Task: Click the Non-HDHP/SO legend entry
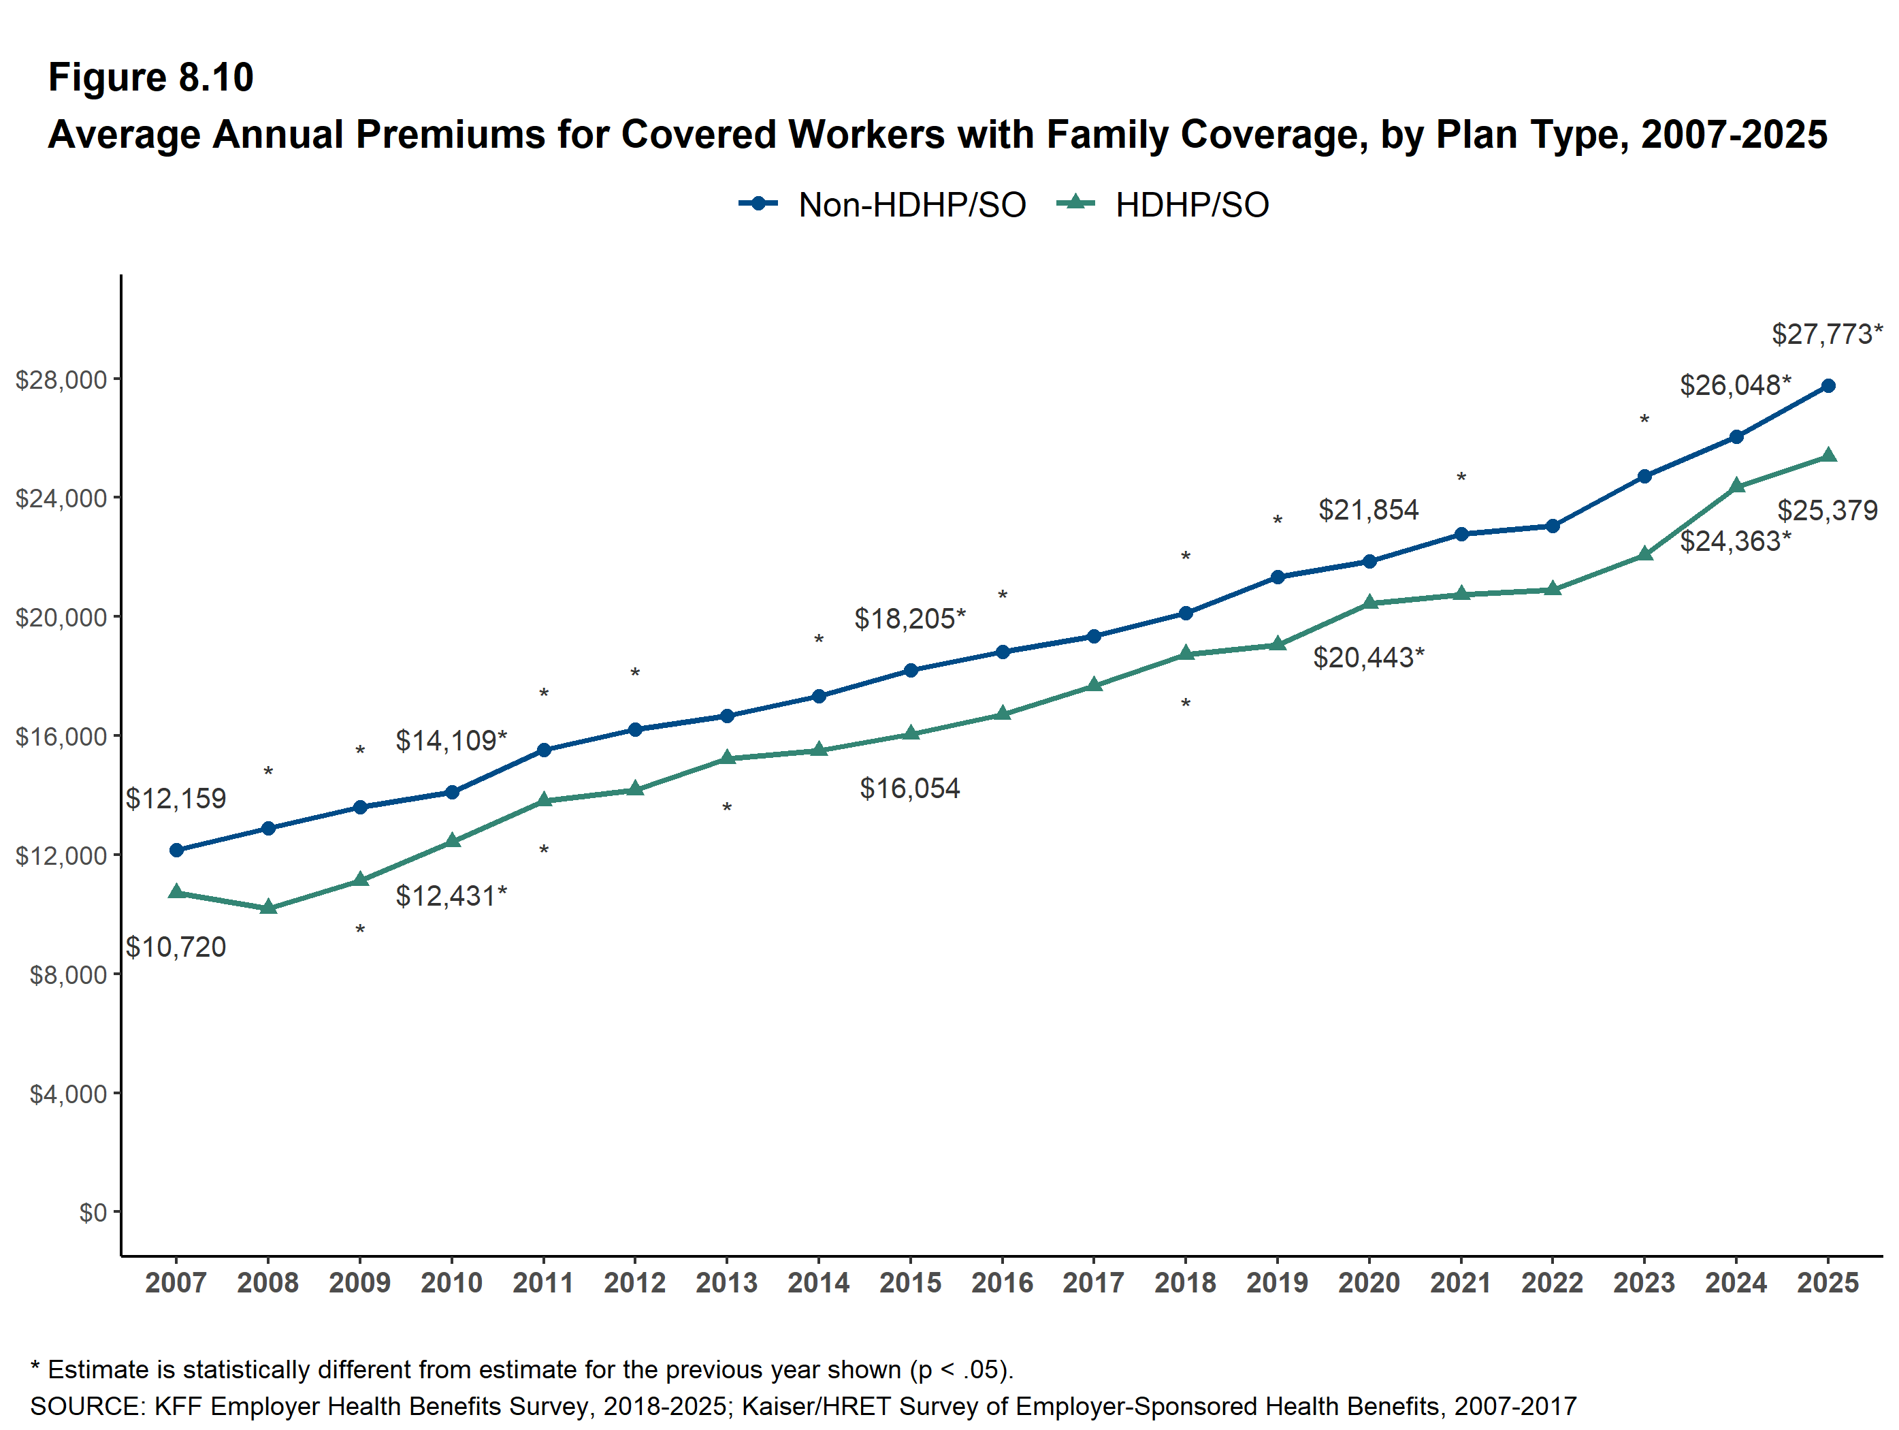883,204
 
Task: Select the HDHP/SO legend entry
1163,204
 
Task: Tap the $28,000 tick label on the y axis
61,379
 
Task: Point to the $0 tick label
93,1212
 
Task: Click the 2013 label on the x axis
726,1283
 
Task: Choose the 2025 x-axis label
1828,1283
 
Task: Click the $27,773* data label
1827,333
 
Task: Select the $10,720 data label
176,947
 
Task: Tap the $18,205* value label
910,618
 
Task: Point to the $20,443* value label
1369,657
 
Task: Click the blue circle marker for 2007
177,851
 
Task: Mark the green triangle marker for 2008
268,906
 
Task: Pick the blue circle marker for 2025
1829,385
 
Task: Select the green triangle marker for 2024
1737,486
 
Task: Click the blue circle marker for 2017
1094,637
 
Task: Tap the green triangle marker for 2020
1369,602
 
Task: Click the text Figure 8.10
151,78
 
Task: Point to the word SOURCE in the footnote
88,1406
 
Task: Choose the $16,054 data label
910,788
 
